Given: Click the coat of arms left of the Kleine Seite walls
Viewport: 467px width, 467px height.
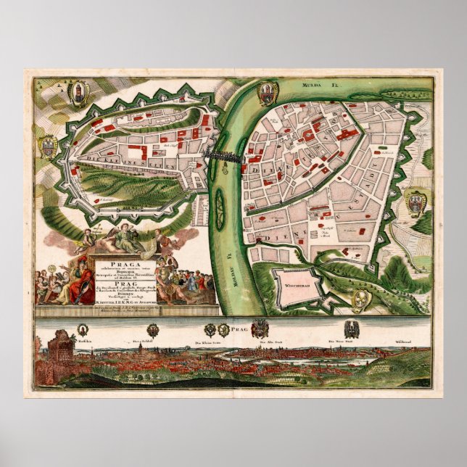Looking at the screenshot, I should (x=49, y=148).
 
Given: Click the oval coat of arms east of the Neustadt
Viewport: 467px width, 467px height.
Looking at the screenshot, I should (x=416, y=204).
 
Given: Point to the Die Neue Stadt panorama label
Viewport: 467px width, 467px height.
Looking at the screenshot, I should (x=339, y=342).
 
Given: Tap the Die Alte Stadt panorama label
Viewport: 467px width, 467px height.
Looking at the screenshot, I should (x=268, y=342).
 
